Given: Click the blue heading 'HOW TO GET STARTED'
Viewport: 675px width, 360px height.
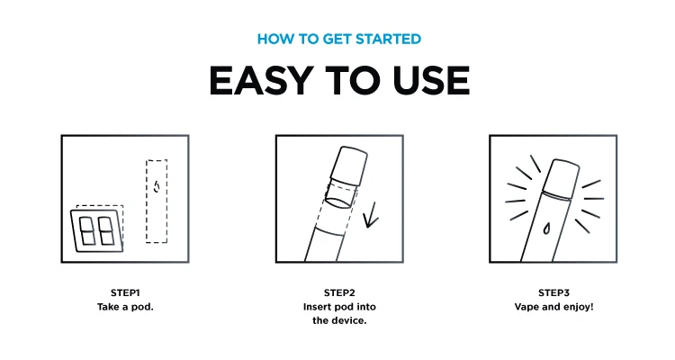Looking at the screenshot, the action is coord(339,40).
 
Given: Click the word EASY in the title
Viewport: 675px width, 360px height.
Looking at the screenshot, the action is coord(261,80).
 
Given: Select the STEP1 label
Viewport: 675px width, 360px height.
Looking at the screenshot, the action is coord(125,292).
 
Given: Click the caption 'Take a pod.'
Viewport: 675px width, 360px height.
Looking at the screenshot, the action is coord(125,307).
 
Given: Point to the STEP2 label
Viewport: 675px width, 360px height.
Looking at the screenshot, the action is coord(339,292).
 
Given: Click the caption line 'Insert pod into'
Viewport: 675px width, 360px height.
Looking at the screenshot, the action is coord(339,307).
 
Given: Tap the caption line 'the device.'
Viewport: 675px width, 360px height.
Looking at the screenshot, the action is coord(339,320).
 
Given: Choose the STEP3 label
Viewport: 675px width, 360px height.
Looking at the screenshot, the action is coord(554,292).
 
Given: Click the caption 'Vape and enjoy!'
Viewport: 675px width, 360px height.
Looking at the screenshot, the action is coord(554,307).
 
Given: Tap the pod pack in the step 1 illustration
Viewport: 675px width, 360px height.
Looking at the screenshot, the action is coord(97,230).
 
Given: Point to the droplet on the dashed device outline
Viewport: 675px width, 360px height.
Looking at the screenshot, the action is coord(157,187).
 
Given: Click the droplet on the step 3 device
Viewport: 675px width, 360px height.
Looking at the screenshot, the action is coord(546,229).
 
